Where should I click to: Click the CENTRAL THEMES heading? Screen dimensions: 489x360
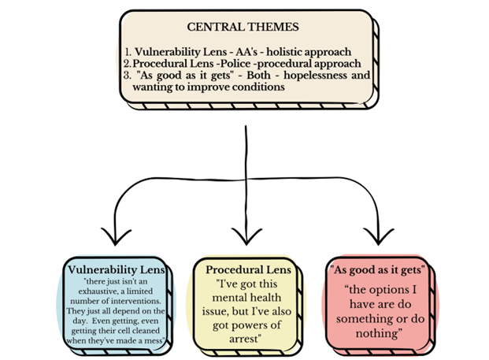coord(243,27)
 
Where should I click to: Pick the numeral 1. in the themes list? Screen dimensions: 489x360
coord(129,52)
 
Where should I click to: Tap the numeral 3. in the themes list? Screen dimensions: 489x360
coord(127,76)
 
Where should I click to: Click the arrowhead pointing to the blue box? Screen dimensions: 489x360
coord(116,236)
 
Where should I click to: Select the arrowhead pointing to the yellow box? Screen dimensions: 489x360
coord(246,236)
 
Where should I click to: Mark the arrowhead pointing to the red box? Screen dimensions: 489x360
coord(378,236)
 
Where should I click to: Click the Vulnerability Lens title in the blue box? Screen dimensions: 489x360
coord(116,269)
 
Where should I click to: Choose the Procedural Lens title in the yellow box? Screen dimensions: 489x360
coord(248,269)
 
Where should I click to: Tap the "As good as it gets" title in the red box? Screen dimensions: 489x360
coord(377,269)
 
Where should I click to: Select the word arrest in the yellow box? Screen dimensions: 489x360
coord(245,339)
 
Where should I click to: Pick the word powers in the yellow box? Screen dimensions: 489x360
coord(251,325)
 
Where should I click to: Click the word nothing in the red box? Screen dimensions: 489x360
coord(377,333)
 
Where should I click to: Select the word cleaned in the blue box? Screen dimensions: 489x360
coord(146,331)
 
